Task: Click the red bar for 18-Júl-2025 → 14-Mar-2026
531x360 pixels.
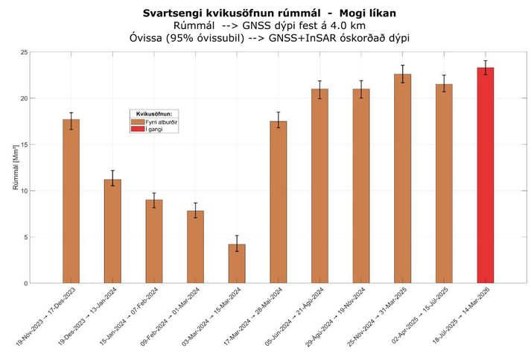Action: point(485,175)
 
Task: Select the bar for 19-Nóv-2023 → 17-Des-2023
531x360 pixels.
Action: point(71,201)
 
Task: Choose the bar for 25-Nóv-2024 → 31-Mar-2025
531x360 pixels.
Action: point(402,179)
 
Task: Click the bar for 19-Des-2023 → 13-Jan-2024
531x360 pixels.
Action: point(112,231)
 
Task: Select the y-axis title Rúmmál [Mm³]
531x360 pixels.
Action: point(16,168)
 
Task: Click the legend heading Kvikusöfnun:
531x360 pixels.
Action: point(155,113)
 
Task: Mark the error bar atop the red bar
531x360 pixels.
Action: point(485,67)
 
